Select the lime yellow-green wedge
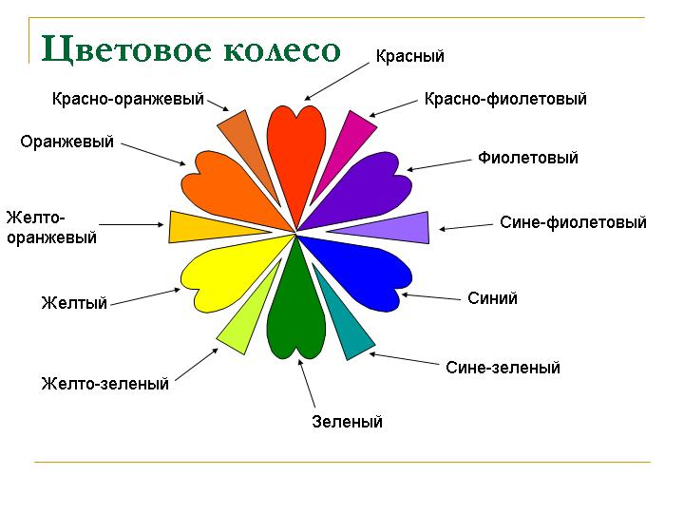click(249, 314)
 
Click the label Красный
click(410, 56)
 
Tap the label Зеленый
click(348, 422)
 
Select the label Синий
click(492, 298)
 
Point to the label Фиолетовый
click(528, 158)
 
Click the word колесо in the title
click(282, 49)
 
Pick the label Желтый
click(74, 303)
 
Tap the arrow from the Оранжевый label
click(154, 154)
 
